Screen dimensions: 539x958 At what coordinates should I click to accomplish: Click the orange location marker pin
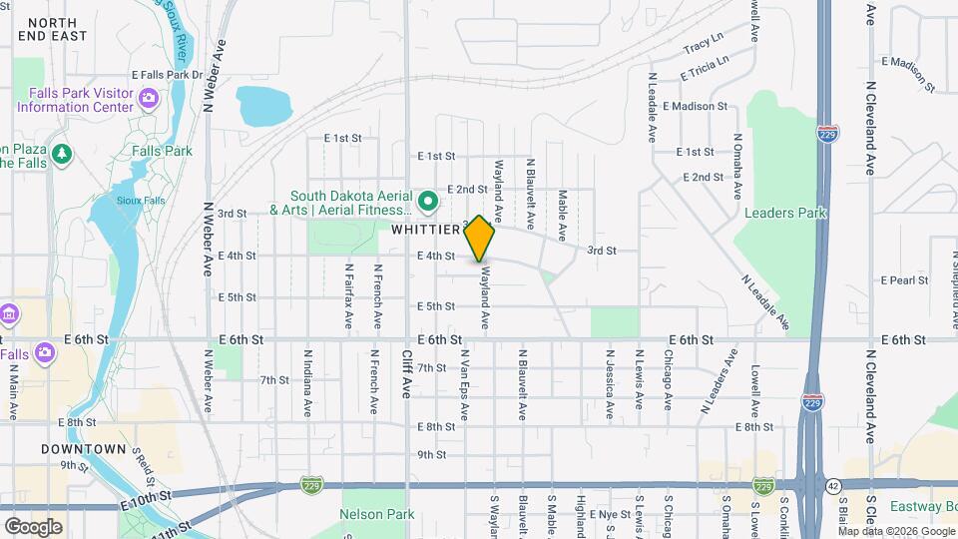pyautogui.click(x=480, y=239)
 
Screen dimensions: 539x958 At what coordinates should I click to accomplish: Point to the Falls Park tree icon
pyautogui.click(x=63, y=153)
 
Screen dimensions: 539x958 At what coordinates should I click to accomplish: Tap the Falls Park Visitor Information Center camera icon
pyautogui.click(x=149, y=98)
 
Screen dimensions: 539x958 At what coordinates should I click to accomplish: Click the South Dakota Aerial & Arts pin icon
pyautogui.click(x=429, y=202)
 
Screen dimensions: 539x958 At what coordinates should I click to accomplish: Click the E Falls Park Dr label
pyautogui.click(x=167, y=75)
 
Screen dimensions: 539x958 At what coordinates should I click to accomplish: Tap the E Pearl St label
pyautogui.click(x=905, y=280)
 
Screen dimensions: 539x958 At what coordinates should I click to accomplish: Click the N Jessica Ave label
pyautogui.click(x=609, y=383)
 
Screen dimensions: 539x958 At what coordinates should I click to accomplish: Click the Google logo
pyautogui.click(x=34, y=526)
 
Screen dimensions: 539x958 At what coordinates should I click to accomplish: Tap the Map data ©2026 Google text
pyautogui.click(x=896, y=530)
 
